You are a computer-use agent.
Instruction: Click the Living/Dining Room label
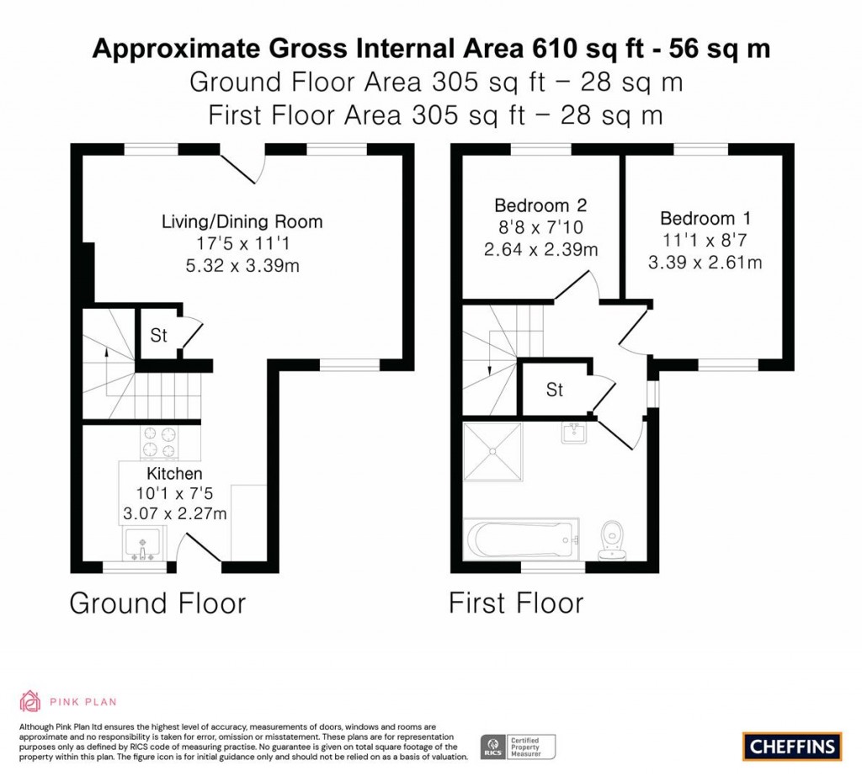point(242,222)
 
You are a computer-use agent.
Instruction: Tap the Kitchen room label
point(175,474)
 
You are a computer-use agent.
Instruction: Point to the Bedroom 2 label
point(540,205)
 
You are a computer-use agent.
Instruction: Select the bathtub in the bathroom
point(522,539)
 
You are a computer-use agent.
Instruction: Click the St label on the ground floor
point(158,336)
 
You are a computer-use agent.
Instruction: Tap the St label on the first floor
point(554,390)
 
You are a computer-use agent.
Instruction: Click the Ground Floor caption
point(157,603)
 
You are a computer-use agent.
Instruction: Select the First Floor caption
point(515,603)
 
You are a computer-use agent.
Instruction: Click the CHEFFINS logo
point(792,746)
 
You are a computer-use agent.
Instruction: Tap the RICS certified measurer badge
point(518,746)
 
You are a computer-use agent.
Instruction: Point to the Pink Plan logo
point(68,701)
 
